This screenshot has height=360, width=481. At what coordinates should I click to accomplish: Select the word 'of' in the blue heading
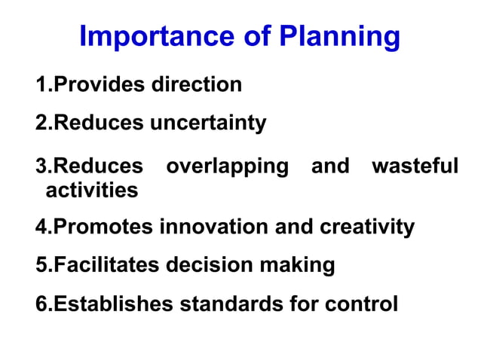(255, 36)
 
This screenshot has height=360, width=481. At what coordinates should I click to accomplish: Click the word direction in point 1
(197, 84)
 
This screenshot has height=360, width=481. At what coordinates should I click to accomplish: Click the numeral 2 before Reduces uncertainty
(41, 122)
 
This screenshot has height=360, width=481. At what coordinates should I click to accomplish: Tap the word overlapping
(227, 166)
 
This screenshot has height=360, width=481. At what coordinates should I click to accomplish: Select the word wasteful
(415, 166)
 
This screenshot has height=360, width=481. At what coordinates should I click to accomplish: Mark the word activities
(92, 191)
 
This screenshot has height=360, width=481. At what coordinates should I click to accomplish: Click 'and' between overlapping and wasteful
(330, 166)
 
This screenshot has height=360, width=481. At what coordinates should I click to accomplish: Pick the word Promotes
(104, 227)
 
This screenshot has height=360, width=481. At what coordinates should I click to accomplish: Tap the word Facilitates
(107, 265)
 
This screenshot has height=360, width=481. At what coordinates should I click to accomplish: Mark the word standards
(229, 304)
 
